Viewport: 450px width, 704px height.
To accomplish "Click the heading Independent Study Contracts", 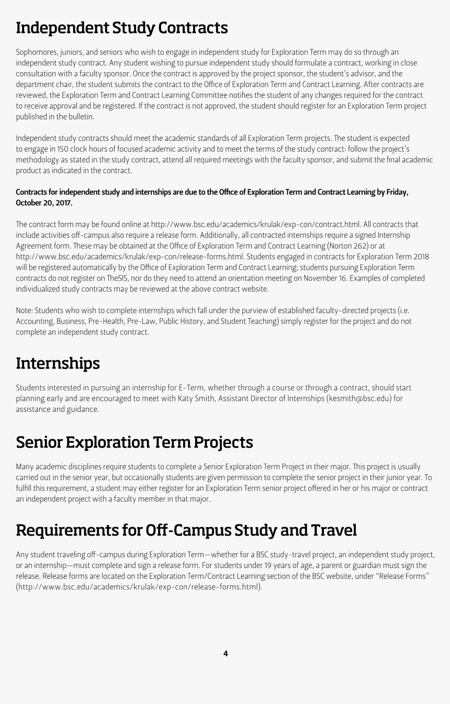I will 122,28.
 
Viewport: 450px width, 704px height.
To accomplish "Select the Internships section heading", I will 58,363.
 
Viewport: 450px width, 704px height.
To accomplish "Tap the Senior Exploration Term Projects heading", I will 134,442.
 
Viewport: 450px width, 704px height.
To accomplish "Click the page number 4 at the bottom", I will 226,653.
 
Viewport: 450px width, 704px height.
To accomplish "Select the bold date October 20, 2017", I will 44,203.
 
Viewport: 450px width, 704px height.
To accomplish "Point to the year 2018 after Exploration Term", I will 420,256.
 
